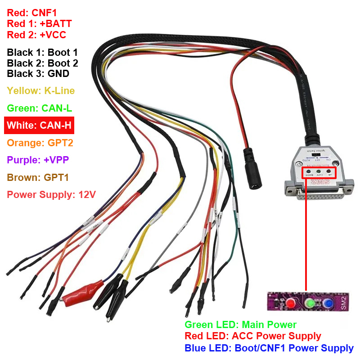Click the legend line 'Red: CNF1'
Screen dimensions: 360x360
31,13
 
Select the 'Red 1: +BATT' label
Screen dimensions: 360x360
39,23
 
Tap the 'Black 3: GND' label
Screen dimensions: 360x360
38,74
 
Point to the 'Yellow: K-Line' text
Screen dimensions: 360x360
40,91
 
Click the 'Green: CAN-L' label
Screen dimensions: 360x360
40,108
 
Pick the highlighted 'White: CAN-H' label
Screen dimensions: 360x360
39,125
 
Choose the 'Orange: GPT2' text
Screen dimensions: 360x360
40,143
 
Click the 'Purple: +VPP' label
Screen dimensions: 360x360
38,160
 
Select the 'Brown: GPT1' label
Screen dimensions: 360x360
38,177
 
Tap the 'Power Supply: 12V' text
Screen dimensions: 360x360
51,194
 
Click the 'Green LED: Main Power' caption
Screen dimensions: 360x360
240,324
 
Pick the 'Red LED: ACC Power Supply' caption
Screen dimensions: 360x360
253,336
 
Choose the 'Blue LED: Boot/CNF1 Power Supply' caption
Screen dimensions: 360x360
269,348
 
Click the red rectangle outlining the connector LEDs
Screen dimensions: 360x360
319,172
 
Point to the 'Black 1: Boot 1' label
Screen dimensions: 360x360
42,53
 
